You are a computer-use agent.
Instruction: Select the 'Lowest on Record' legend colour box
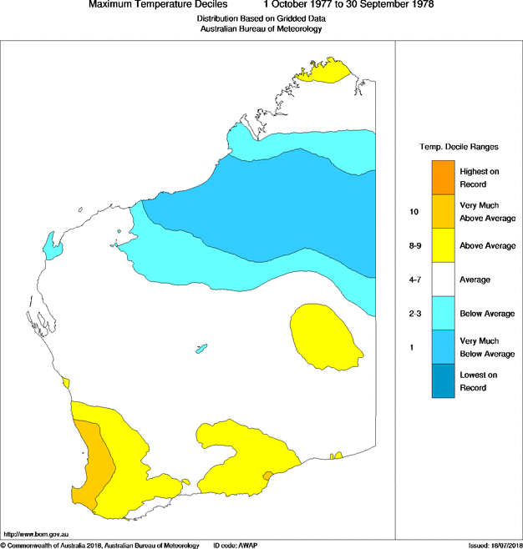pos(444,381)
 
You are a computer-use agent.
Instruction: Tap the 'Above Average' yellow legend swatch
pos(444,245)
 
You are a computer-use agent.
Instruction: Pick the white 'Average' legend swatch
pos(444,280)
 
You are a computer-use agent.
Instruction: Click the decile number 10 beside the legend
pos(414,212)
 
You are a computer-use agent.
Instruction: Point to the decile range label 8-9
pos(415,246)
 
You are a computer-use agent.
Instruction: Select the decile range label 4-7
pos(415,280)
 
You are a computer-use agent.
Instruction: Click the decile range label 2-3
pos(415,314)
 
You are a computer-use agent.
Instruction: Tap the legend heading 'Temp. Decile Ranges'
pos(459,147)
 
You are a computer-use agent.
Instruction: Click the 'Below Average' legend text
pos(487,314)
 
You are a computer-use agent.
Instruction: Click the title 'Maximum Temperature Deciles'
pos(158,5)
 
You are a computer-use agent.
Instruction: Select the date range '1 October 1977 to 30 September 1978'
pos(350,5)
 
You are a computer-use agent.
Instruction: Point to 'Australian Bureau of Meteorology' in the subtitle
pos(261,29)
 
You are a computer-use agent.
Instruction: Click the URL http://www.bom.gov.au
pos(36,533)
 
